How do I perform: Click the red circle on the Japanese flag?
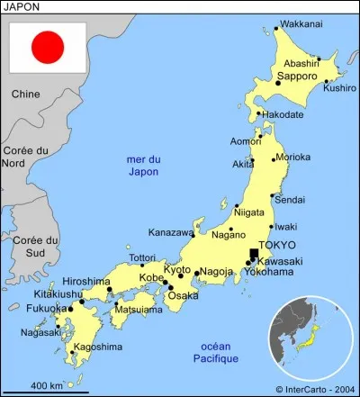(x=47, y=47)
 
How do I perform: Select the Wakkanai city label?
(x=301, y=24)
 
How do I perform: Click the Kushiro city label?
(x=339, y=88)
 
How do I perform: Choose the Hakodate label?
(x=283, y=114)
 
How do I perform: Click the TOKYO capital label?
(x=278, y=245)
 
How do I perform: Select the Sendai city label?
(x=290, y=199)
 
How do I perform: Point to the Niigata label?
(x=249, y=212)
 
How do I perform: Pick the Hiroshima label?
(x=86, y=282)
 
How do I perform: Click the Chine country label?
(x=26, y=94)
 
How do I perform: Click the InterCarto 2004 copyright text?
(x=315, y=389)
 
